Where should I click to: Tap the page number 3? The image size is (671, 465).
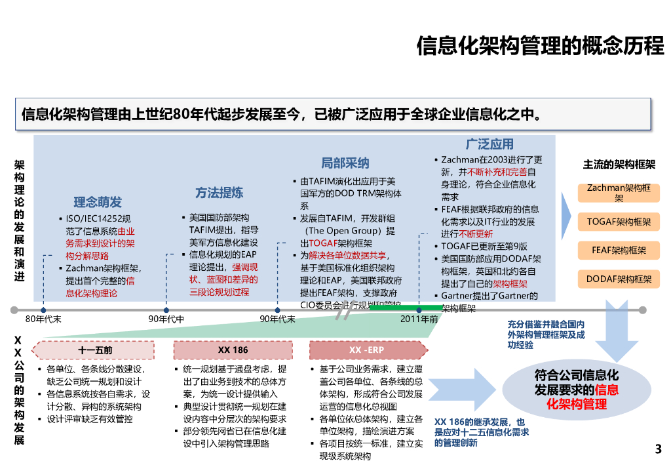[658, 449]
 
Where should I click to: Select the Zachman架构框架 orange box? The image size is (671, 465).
[619, 193]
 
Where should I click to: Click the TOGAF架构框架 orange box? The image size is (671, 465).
[619, 222]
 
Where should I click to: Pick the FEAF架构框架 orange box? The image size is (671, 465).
[619, 250]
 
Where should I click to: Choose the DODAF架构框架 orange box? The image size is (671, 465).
[619, 279]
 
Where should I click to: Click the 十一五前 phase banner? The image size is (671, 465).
[95, 350]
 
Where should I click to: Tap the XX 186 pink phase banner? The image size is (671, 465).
[233, 350]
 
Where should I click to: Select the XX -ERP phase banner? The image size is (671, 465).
[366, 350]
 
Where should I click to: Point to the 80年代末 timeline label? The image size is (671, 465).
[43, 319]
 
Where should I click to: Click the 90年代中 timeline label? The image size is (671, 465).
[166, 319]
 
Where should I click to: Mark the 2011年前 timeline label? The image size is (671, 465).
[419, 319]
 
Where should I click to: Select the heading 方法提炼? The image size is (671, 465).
[219, 193]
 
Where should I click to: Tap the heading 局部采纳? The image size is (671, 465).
[345, 163]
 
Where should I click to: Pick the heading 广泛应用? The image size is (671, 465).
[489, 144]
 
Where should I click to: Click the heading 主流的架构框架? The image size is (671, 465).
[619, 165]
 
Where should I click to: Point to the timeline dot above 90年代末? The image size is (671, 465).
[278, 310]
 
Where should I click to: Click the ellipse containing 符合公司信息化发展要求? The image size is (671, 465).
[576, 390]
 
